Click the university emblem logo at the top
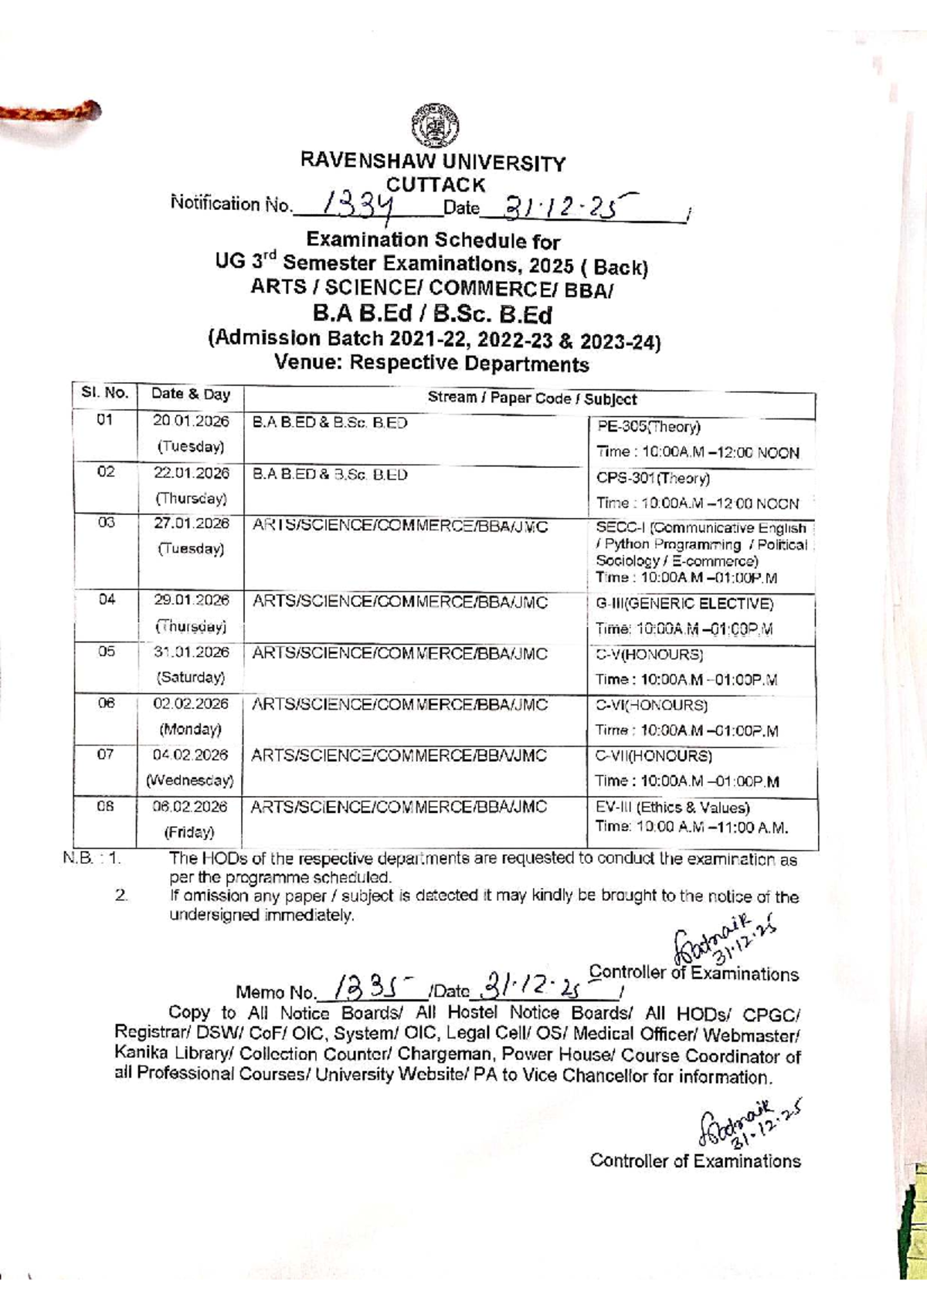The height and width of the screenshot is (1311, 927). point(435,126)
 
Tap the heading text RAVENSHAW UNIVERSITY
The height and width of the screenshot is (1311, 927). point(433,162)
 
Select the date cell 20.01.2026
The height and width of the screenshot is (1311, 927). point(191,421)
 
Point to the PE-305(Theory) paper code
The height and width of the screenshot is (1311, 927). point(648,426)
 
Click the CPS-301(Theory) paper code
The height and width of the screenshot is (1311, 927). point(653,478)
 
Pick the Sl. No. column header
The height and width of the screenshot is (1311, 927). point(104,393)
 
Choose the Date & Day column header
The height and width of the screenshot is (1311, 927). point(191,394)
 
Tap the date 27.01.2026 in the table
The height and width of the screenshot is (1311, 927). point(191,523)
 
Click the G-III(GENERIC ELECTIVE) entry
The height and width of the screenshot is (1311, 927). point(684,604)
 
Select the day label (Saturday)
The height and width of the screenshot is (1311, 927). point(191,677)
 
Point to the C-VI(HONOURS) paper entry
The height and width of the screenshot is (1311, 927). point(651,705)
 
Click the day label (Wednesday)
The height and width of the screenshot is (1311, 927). point(190,780)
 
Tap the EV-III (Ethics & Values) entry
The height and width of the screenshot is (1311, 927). point(672,808)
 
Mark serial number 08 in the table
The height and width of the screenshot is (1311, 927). point(105,806)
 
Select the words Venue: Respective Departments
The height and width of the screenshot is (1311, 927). point(432,364)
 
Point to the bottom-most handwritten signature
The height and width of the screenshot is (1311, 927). point(748,1124)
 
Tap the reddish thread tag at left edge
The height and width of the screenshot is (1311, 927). point(50,113)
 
